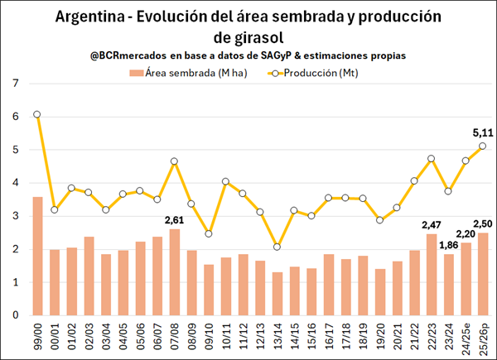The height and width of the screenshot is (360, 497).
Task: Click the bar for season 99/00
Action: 37,256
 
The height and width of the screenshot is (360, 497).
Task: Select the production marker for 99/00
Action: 37,114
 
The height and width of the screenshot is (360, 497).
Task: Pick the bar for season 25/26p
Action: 482,274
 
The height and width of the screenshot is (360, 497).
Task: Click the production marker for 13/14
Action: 277,247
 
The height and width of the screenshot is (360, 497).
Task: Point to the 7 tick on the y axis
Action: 16,84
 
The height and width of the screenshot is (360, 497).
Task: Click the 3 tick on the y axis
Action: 16,216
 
